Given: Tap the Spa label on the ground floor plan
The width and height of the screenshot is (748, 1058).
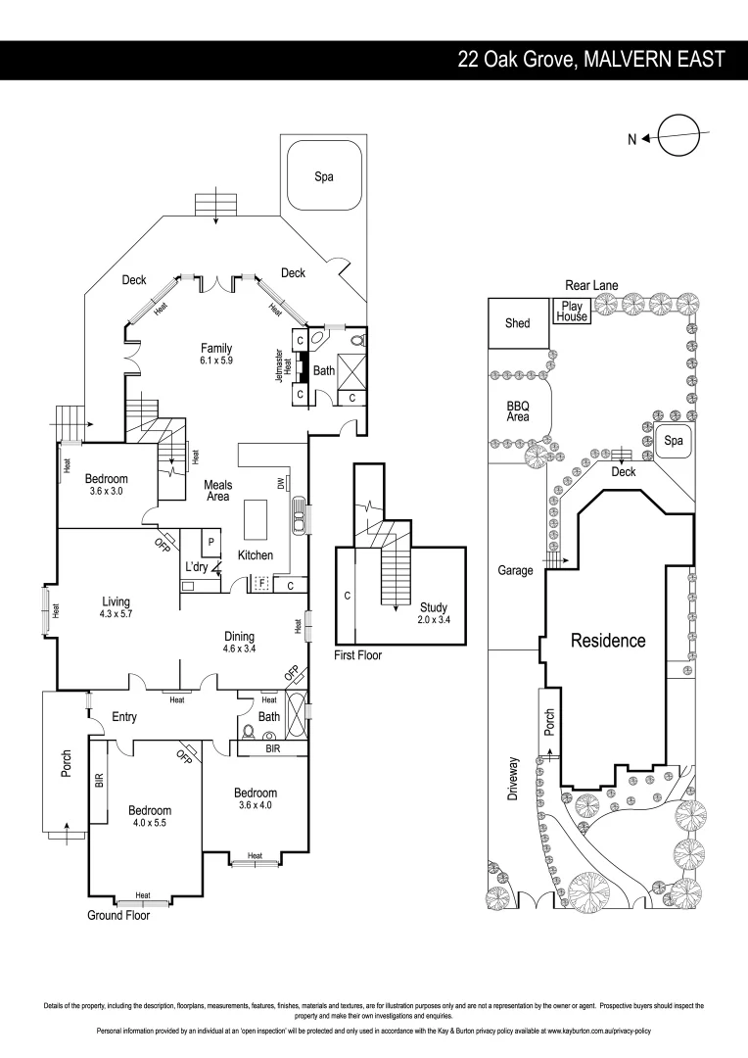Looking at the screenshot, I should point(323,176).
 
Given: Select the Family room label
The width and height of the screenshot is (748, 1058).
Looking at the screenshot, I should point(216,348).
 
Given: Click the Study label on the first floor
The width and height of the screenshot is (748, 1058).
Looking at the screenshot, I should point(433,607).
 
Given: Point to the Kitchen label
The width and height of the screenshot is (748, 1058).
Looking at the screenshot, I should point(256,555).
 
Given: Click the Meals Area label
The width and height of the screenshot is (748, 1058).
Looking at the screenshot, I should point(217,490).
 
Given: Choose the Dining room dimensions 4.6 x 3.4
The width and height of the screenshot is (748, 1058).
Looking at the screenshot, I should point(239,649).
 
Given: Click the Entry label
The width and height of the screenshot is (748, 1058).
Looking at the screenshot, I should point(123,717).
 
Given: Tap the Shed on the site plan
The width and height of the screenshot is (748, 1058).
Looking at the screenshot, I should point(517,322).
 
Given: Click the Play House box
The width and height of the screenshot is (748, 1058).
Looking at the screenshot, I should point(573,312).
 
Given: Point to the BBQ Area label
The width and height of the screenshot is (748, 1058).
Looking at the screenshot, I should point(517,409).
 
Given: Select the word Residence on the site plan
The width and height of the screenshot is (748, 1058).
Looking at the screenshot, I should point(609,641).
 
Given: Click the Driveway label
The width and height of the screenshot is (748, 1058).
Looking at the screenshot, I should point(512,780).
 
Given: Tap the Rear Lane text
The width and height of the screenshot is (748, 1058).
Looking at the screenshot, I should point(589,285).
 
